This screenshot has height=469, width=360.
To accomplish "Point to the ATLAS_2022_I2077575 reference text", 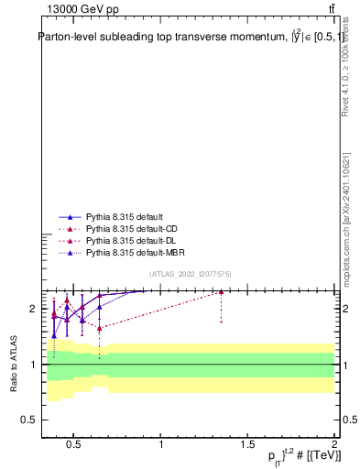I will [x=190, y=274].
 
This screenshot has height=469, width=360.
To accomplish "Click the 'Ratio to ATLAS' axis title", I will [x=15, y=364].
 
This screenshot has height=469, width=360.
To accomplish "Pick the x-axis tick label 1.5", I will [x=247, y=446].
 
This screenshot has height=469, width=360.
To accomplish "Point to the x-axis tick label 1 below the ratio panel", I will [x=161, y=446].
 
